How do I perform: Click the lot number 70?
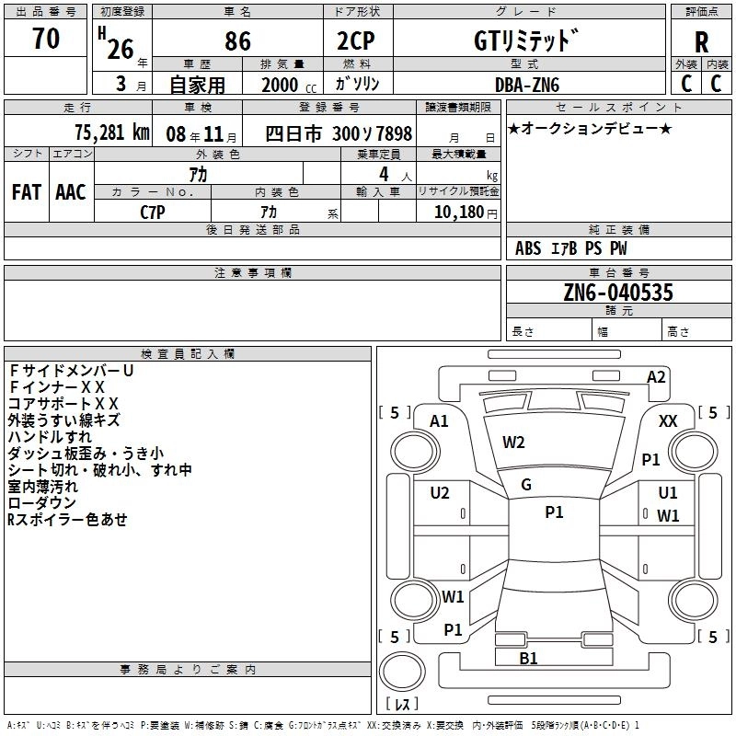tap(46, 39)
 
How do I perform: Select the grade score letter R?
tap(701, 42)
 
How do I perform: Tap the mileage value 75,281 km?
tap(111, 132)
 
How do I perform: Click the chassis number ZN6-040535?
tap(618, 293)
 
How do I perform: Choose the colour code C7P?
tap(153, 211)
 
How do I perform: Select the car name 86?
tap(237, 40)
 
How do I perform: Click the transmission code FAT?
tap(27, 192)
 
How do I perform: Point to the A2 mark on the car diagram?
tap(656, 377)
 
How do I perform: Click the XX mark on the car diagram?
tap(669, 420)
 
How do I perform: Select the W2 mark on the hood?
tap(513, 443)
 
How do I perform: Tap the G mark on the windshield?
tap(526, 485)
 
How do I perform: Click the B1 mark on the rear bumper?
tap(528, 659)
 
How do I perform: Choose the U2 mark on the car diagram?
tap(440, 493)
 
